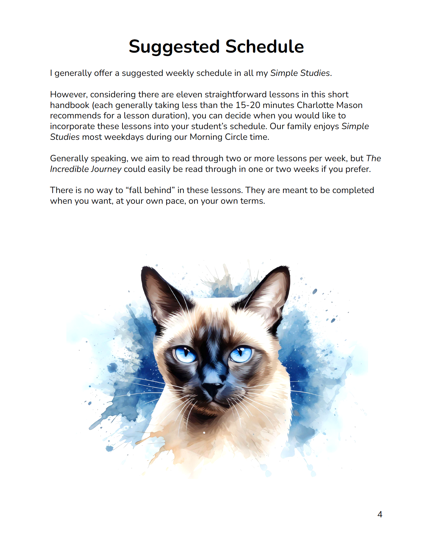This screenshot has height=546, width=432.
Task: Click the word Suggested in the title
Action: (x=174, y=47)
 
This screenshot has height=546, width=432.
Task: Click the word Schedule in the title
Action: (x=264, y=47)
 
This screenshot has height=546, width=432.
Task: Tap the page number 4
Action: (x=380, y=515)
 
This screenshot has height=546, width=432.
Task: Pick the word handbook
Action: (x=70, y=105)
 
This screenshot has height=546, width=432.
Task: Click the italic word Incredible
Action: (x=69, y=169)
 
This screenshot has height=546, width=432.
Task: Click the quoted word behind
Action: (x=159, y=190)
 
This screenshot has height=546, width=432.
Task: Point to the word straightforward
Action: (x=236, y=94)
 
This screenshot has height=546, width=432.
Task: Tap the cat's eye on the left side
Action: (x=185, y=354)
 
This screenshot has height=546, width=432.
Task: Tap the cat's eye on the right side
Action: (x=241, y=354)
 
